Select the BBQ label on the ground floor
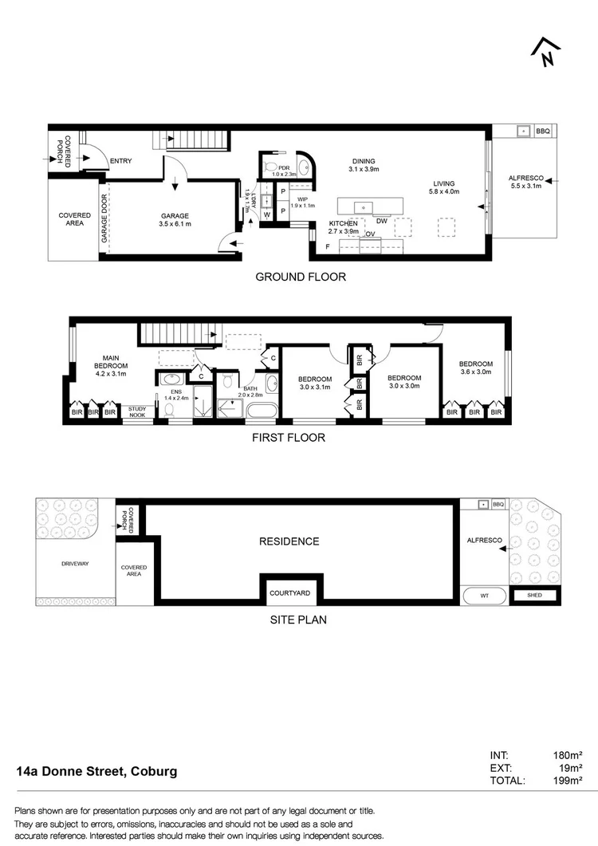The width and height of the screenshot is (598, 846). tap(542, 131)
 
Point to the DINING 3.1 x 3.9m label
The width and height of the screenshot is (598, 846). tap(364, 163)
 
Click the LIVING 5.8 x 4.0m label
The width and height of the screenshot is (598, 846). tap(443, 187)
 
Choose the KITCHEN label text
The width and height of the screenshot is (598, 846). tap(344, 224)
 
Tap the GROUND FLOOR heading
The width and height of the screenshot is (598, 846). tap(300, 277)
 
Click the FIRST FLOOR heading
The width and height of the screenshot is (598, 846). tap(288, 438)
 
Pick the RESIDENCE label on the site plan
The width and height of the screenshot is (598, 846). tap(289, 541)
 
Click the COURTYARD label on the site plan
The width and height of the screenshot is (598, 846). tap(289, 593)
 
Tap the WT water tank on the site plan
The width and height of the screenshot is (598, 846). tap(483, 595)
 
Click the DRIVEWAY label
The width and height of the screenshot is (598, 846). tap(75, 564)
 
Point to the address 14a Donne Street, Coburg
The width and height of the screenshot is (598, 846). tap(97, 772)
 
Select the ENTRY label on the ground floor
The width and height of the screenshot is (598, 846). tap(121, 161)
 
